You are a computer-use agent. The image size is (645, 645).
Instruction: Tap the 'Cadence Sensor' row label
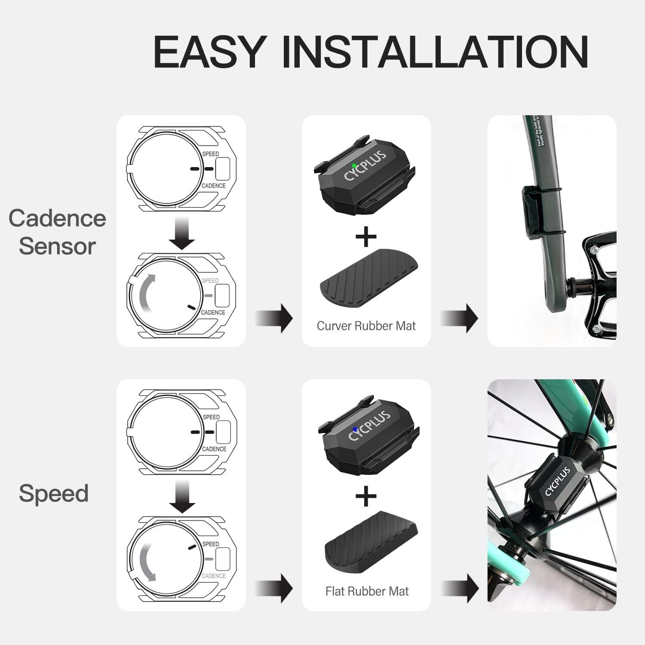(x=57, y=232)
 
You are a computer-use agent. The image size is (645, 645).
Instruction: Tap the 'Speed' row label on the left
(x=54, y=493)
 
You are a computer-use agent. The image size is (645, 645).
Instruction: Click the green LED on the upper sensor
(x=353, y=166)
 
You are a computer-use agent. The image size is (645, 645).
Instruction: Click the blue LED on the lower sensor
(x=354, y=429)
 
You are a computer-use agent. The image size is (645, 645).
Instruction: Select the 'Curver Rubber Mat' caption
(x=366, y=326)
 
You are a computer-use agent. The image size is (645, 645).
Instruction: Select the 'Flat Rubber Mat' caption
(x=367, y=591)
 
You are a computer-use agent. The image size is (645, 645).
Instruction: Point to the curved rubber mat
(x=369, y=280)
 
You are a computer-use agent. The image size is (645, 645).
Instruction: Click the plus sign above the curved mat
(x=366, y=236)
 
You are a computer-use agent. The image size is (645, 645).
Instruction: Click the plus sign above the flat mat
(x=366, y=497)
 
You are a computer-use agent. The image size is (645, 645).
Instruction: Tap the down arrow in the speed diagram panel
(x=181, y=497)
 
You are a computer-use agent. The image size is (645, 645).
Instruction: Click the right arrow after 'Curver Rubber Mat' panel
(x=460, y=319)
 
